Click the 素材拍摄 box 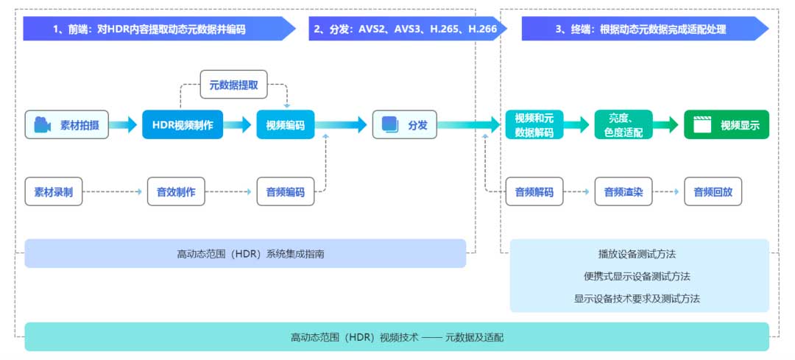(67, 125)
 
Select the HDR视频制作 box (183, 125)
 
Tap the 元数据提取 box (234, 85)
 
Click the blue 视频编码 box (286, 125)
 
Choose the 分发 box (405, 125)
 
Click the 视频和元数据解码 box (534, 125)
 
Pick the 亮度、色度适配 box (623, 125)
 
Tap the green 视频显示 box (727, 125)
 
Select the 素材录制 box (54, 191)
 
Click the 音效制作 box (176, 191)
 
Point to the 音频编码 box (286, 191)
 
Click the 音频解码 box (534, 191)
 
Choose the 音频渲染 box (623, 191)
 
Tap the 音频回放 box (713, 191)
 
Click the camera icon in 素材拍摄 (42, 125)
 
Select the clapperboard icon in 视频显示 (702, 125)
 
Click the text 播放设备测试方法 (637, 254)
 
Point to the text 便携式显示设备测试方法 (637, 276)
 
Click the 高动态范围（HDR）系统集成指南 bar (245, 253)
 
